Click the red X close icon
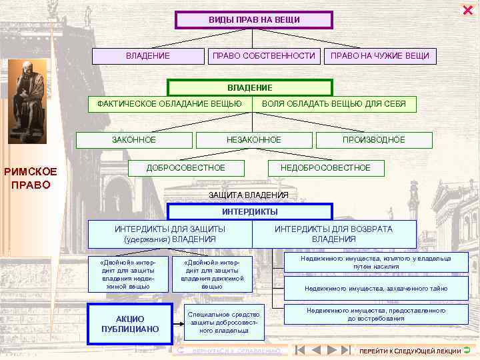coord(467,9)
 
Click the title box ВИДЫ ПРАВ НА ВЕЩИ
coord(253,20)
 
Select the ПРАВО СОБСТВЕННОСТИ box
coord(263,56)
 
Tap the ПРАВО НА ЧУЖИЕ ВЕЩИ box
coord(380,56)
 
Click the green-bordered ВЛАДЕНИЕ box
coord(249,88)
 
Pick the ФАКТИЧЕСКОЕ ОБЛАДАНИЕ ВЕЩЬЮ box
coord(170,104)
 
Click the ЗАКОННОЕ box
coord(134,139)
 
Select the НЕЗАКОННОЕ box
coord(253,139)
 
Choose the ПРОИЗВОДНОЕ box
coord(373,139)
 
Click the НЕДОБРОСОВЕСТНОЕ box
coord(325,167)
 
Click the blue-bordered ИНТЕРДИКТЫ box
coord(249,212)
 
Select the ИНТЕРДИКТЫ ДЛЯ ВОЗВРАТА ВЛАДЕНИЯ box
coord(333,234)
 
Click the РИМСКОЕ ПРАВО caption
coord(31,178)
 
